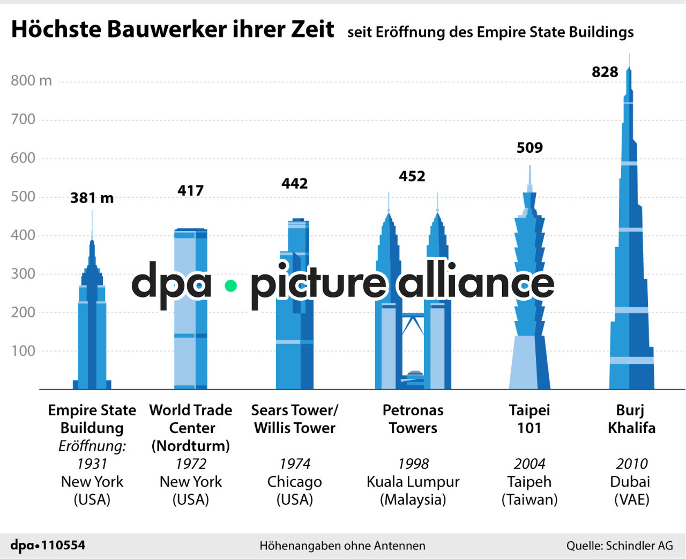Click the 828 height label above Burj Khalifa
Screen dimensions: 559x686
[605, 72]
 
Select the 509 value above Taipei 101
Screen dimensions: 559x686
[530, 147]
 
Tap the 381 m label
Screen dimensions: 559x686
[92, 198]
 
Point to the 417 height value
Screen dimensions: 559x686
[190, 190]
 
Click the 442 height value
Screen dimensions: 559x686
[294, 183]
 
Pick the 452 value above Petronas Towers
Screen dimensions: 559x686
[412, 176]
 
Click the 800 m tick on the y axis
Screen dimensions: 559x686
[31, 80]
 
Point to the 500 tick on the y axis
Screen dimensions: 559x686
[23, 196]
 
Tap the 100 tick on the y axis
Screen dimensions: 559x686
[23, 351]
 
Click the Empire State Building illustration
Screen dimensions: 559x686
[92, 332]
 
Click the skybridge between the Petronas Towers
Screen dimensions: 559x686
[413, 315]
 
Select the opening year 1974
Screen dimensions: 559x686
[294, 464]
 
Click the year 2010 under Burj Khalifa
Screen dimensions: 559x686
[631, 464]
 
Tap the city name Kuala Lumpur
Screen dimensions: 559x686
[413, 481]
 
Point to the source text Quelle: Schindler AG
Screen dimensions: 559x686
[619, 546]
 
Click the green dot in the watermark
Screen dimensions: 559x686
[230, 286]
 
